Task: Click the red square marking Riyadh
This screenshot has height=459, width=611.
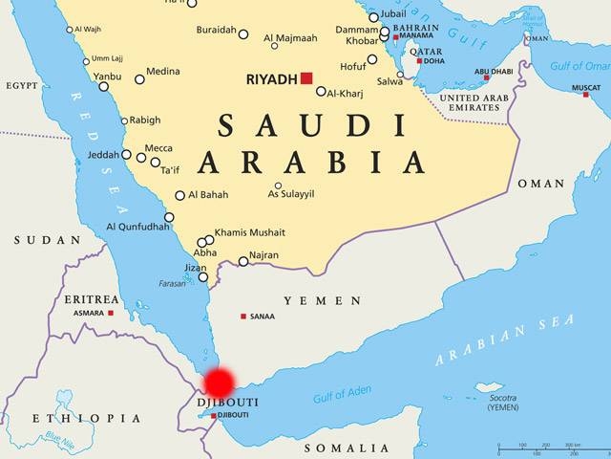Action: point(306,78)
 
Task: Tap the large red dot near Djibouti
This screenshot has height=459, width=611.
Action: point(219,382)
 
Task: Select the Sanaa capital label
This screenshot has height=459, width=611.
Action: point(263,317)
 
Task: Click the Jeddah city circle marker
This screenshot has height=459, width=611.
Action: point(126,154)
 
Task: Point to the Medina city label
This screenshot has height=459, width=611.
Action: point(162,71)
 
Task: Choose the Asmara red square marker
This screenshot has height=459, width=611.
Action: point(111,313)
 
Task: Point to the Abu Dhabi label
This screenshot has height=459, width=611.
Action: point(495,71)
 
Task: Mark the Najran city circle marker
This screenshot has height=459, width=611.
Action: point(243,261)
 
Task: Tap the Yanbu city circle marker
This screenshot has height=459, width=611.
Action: point(104,86)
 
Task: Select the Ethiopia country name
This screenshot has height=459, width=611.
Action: point(85,419)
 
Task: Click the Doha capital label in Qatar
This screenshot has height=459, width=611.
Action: point(434,61)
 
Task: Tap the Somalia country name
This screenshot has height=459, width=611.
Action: point(346,448)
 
